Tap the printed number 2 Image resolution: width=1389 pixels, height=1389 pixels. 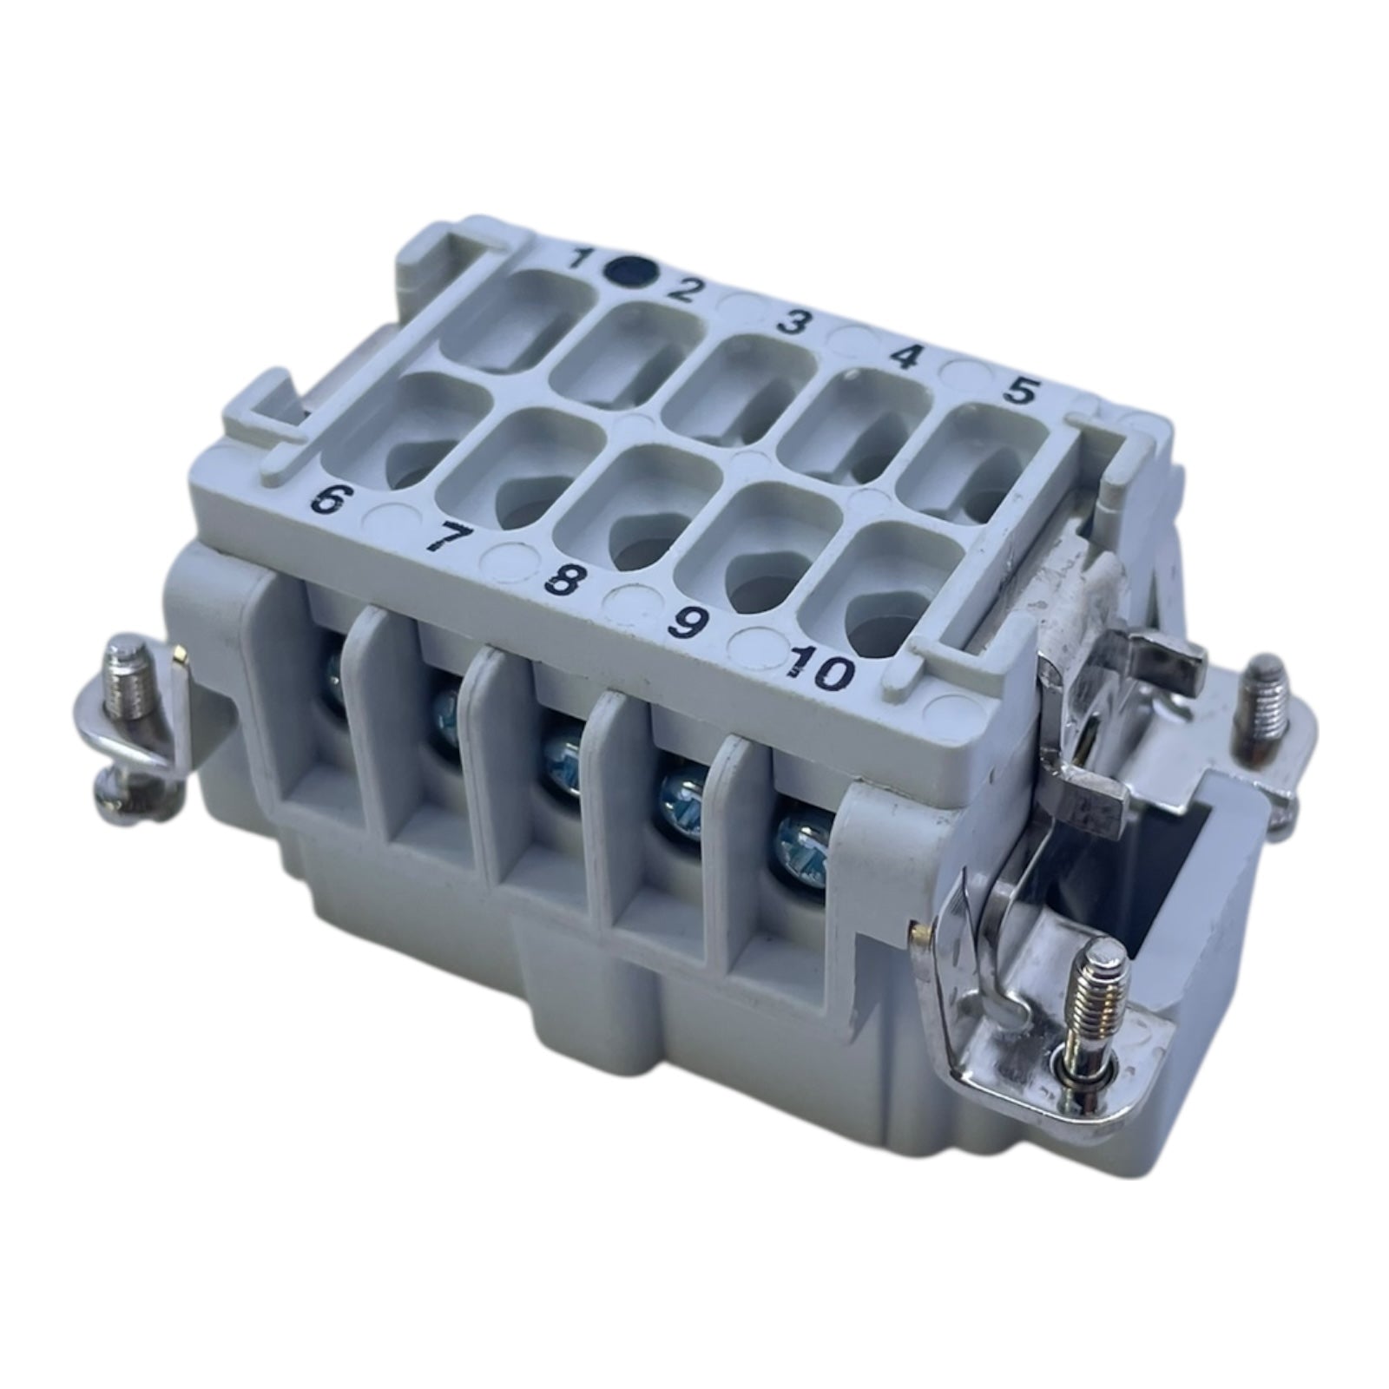(x=683, y=287)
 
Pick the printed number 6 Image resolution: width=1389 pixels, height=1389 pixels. (x=328, y=502)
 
